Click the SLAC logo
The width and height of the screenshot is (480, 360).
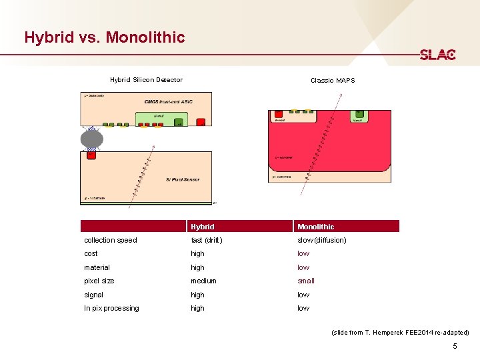[x=437, y=55]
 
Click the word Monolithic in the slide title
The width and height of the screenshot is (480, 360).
[x=146, y=37]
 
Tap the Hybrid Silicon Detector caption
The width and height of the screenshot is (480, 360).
[x=146, y=80]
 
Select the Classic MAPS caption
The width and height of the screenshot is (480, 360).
[x=333, y=81]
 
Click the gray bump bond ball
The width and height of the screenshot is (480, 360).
[x=92, y=139]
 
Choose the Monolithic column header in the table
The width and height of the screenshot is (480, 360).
[x=316, y=227]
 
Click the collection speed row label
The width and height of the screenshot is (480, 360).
[x=111, y=240]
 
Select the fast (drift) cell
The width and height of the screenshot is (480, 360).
[x=207, y=240]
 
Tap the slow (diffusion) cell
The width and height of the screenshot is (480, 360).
[x=322, y=240]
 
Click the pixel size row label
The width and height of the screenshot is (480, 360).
[x=99, y=281]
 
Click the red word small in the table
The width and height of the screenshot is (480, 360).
[x=306, y=281]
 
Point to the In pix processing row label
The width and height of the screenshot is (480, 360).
[x=111, y=308]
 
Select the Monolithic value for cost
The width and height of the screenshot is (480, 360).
[x=303, y=253]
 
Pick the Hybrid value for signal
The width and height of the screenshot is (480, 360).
[x=197, y=295]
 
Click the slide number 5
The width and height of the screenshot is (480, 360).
[x=455, y=346]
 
